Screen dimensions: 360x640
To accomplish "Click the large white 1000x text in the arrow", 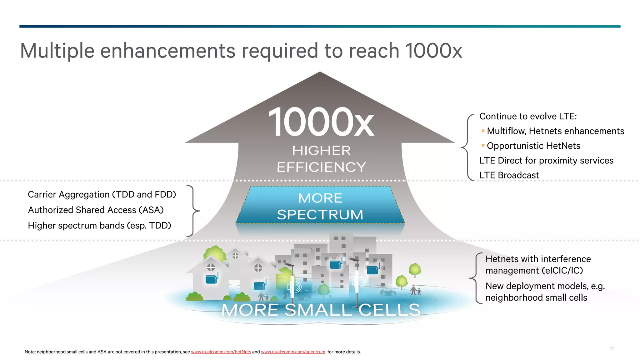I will [x=321, y=122].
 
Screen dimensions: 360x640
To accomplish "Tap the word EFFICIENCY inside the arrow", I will [x=321, y=167].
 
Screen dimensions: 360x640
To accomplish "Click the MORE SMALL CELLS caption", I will [x=321, y=310].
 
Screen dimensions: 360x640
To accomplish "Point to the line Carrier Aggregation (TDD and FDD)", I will [x=102, y=195].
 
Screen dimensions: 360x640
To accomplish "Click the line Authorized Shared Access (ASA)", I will [x=96, y=210].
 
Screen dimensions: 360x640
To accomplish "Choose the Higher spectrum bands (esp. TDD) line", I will [x=99, y=226].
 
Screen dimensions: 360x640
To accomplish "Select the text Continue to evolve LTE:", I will [x=528, y=117].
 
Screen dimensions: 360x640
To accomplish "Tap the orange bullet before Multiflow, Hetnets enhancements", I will [x=483, y=131].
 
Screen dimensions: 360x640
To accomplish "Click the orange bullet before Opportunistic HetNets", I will [x=483, y=145].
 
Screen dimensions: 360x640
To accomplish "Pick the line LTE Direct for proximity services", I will [x=546, y=161].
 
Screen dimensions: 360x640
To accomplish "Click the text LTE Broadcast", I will [x=509, y=175].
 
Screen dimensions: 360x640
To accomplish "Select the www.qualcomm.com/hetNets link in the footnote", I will [x=221, y=352].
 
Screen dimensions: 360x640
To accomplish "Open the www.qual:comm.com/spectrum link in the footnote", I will [x=293, y=352].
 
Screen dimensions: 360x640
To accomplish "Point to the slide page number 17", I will [x=612, y=349].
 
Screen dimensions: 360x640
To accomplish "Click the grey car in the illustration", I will [x=388, y=292].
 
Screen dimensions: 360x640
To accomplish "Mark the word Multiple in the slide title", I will [x=57, y=51].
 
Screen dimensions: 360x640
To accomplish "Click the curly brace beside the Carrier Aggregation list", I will [x=194, y=211].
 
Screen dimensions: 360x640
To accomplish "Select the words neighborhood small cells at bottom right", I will [x=536, y=298].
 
